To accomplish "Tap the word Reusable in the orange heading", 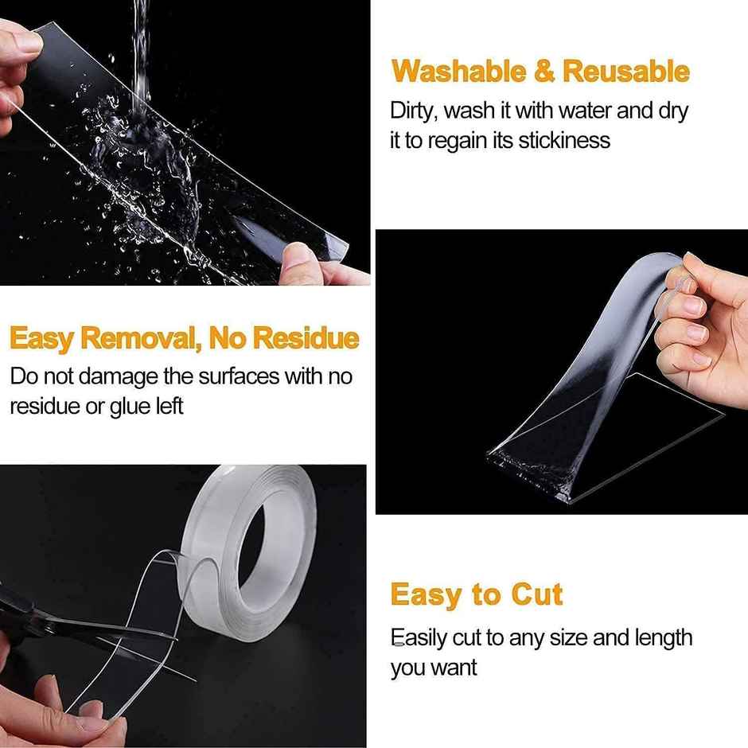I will click(x=625, y=72).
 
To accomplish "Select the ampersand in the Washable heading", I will click(x=544, y=72).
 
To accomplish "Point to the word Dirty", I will click(x=411, y=111).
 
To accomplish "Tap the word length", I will click(x=664, y=637).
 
